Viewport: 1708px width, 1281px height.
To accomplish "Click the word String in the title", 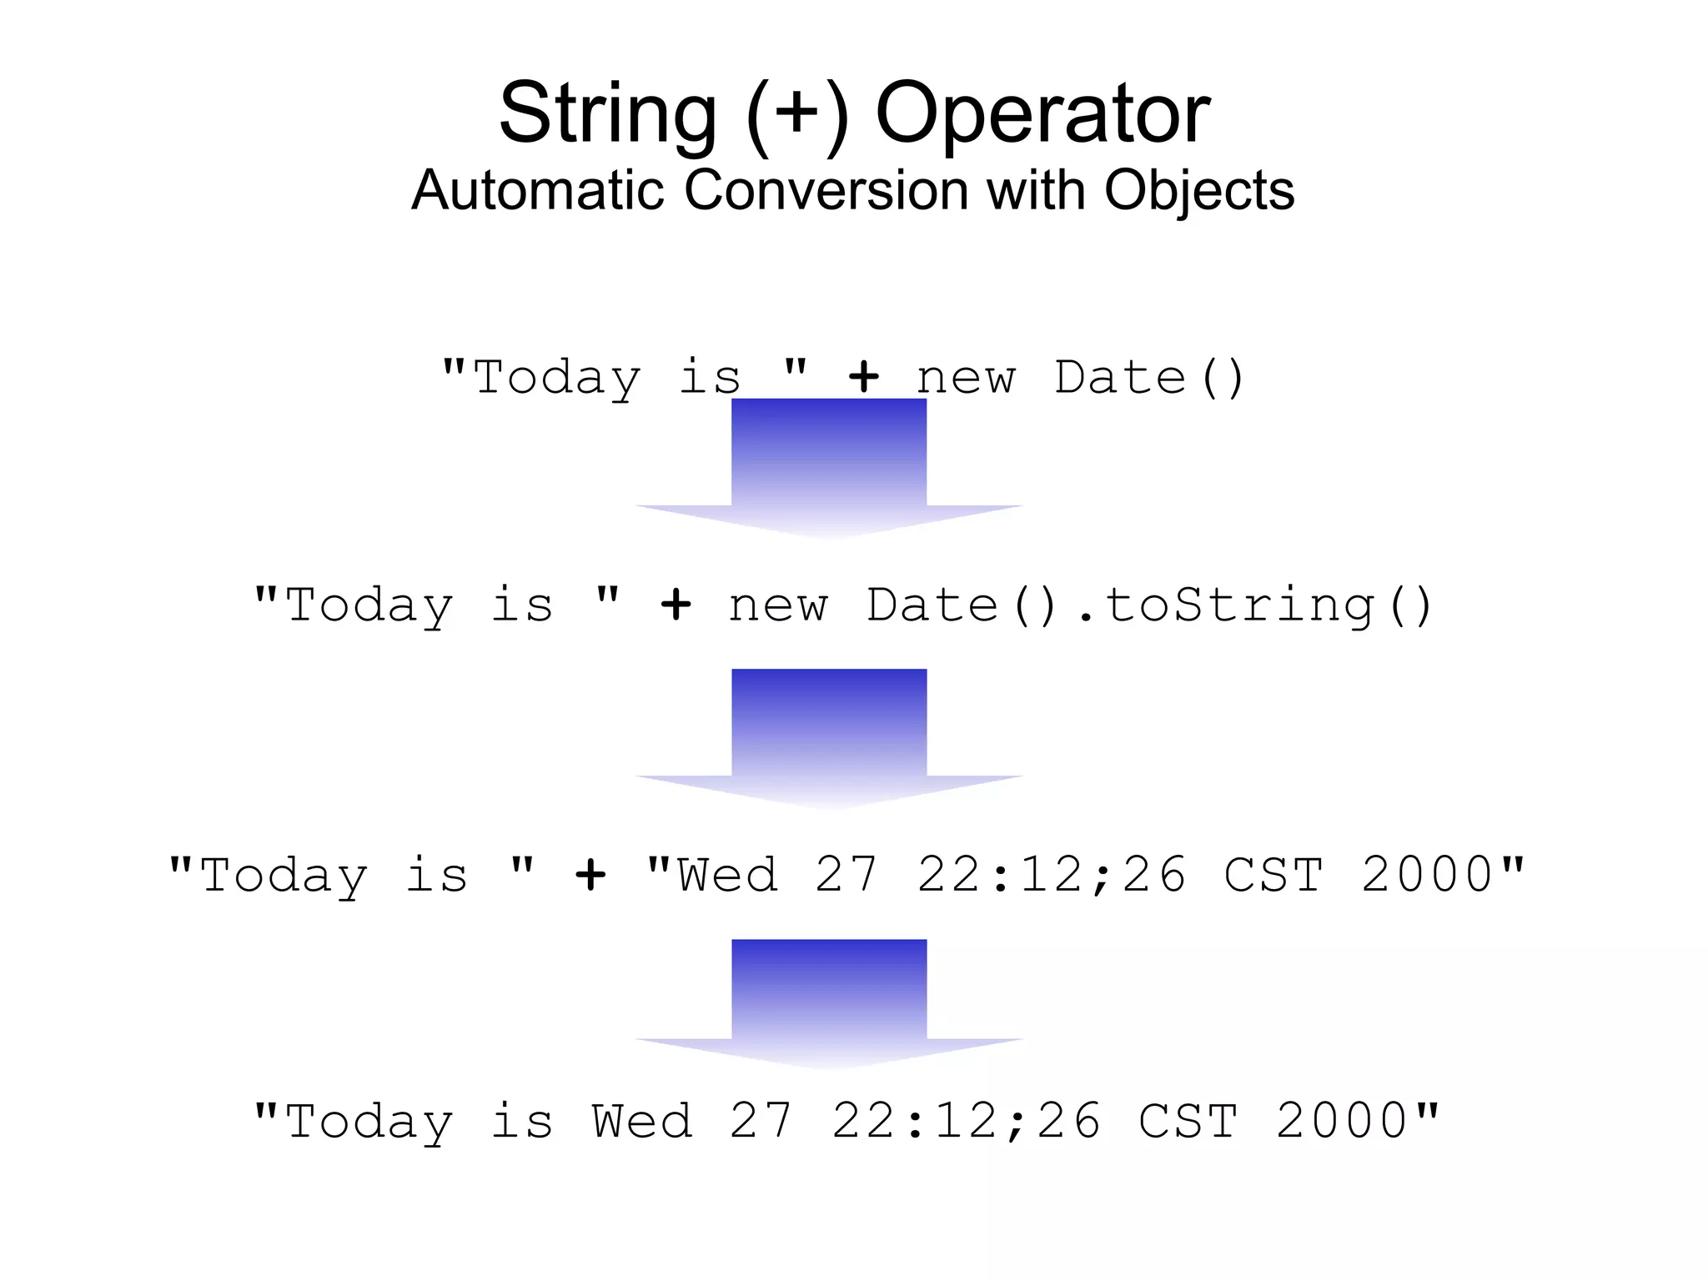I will click(607, 114).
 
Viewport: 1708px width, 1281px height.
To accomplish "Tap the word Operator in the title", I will click(1042, 114).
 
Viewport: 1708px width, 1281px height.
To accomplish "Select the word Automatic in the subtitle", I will click(538, 190).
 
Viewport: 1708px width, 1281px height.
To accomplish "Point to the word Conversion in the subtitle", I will click(826, 190).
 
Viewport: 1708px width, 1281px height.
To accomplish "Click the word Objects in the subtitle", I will click(1198, 190).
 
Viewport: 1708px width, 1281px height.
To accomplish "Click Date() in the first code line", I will click(1149, 378).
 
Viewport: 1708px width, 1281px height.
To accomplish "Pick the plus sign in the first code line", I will click(864, 378).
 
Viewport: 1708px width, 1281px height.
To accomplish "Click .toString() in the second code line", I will click(1254, 605).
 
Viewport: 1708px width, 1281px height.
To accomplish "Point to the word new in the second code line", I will click(778, 605).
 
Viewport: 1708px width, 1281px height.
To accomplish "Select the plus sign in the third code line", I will click(590, 876).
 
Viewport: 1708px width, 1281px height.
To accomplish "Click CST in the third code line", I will click(1273, 876).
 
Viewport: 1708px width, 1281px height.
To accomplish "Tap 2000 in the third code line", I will click(1428, 876).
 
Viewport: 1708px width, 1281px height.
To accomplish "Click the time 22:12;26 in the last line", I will click(966, 1121).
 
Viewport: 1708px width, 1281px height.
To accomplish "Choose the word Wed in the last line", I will click(642, 1121).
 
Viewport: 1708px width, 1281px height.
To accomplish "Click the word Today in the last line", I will click(369, 1123).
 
